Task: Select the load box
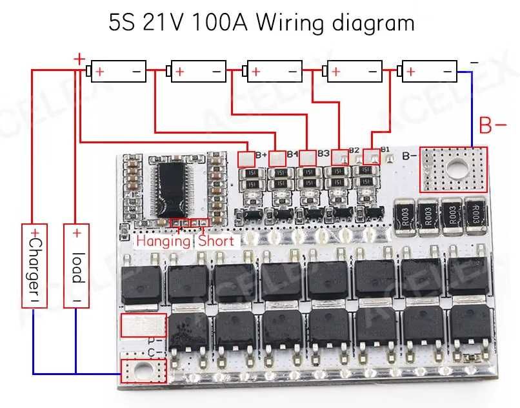click(77, 265)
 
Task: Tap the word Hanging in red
click(163, 241)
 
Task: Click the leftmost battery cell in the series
click(118, 71)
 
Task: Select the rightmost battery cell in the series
click(428, 71)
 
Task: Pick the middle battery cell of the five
click(274, 71)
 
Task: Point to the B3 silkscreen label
click(323, 153)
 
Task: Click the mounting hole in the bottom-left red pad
click(143, 372)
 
